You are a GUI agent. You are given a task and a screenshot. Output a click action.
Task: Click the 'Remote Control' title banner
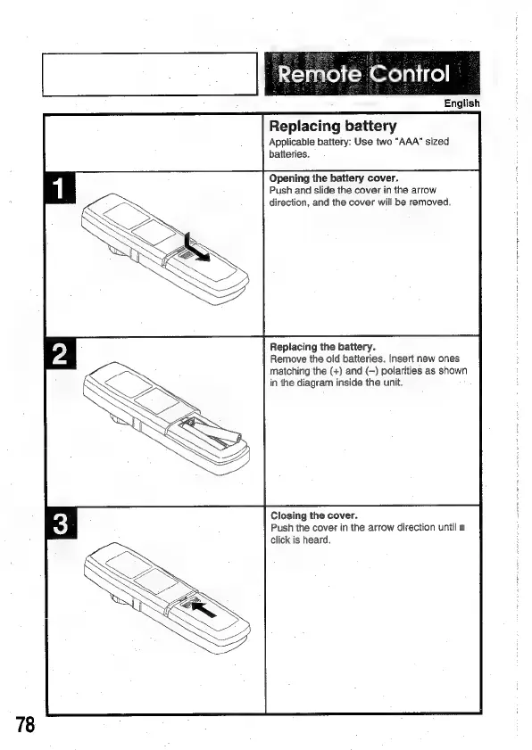pos(372,73)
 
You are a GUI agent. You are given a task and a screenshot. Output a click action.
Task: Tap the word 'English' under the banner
pos(461,103)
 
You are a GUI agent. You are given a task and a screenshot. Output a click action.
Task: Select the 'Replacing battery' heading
pos(333,127)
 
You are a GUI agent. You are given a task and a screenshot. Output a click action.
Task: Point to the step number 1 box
pos(61,188)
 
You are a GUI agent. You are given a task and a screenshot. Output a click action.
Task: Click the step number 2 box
pos(61,354)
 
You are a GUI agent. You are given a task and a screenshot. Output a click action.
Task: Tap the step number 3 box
pos(61,523)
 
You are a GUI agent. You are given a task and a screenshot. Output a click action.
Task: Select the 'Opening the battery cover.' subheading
pos(334,178)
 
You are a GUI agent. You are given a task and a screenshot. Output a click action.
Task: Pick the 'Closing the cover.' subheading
pos(314,515)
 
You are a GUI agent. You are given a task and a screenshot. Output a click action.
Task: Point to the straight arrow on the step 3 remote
pos(204,610)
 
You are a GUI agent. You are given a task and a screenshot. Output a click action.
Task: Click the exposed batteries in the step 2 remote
pos(214,433)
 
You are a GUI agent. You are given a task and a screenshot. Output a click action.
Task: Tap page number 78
pos(25,725)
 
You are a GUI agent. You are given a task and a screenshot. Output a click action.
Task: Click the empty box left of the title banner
pos(150,74)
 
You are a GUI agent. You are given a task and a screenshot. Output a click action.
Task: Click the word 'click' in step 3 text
pos(280,540)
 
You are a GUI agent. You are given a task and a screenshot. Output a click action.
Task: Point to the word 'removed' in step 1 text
pos(433,202)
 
